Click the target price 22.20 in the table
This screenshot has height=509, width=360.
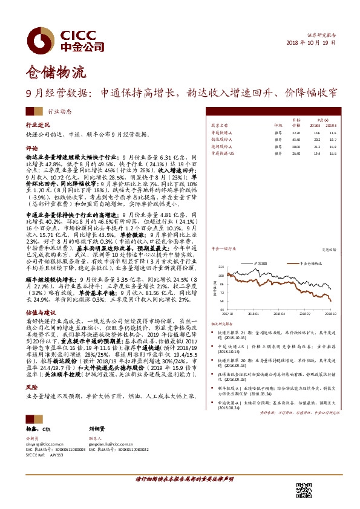(296, 132)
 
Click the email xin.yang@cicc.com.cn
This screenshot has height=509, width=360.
(46, 444)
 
